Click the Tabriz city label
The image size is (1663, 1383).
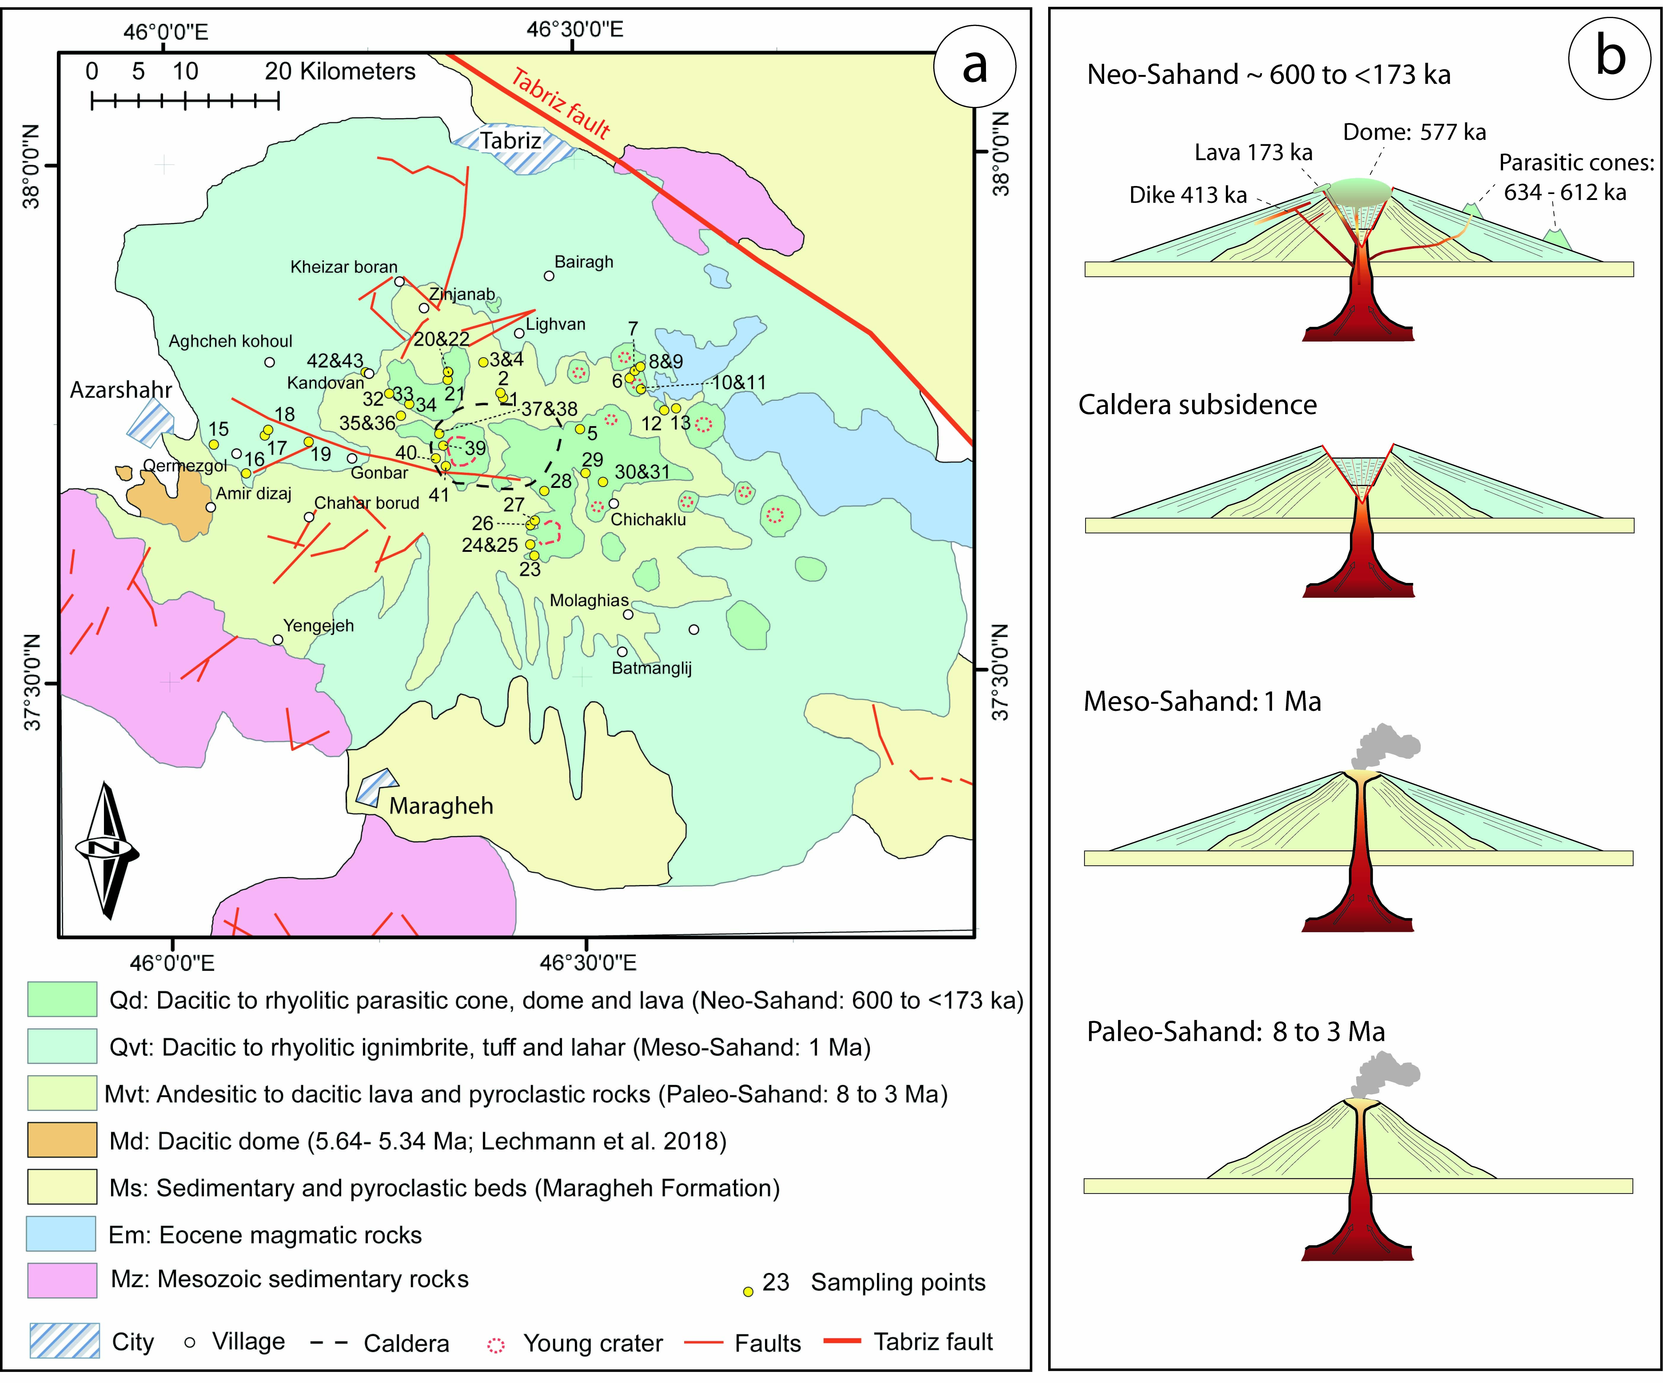tap(511, 141)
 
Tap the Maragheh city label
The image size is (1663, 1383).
tap(441, 806)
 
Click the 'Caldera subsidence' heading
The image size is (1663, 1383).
tap(1197, 405)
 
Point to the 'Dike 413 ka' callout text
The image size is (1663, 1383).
tap(1188, 195)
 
